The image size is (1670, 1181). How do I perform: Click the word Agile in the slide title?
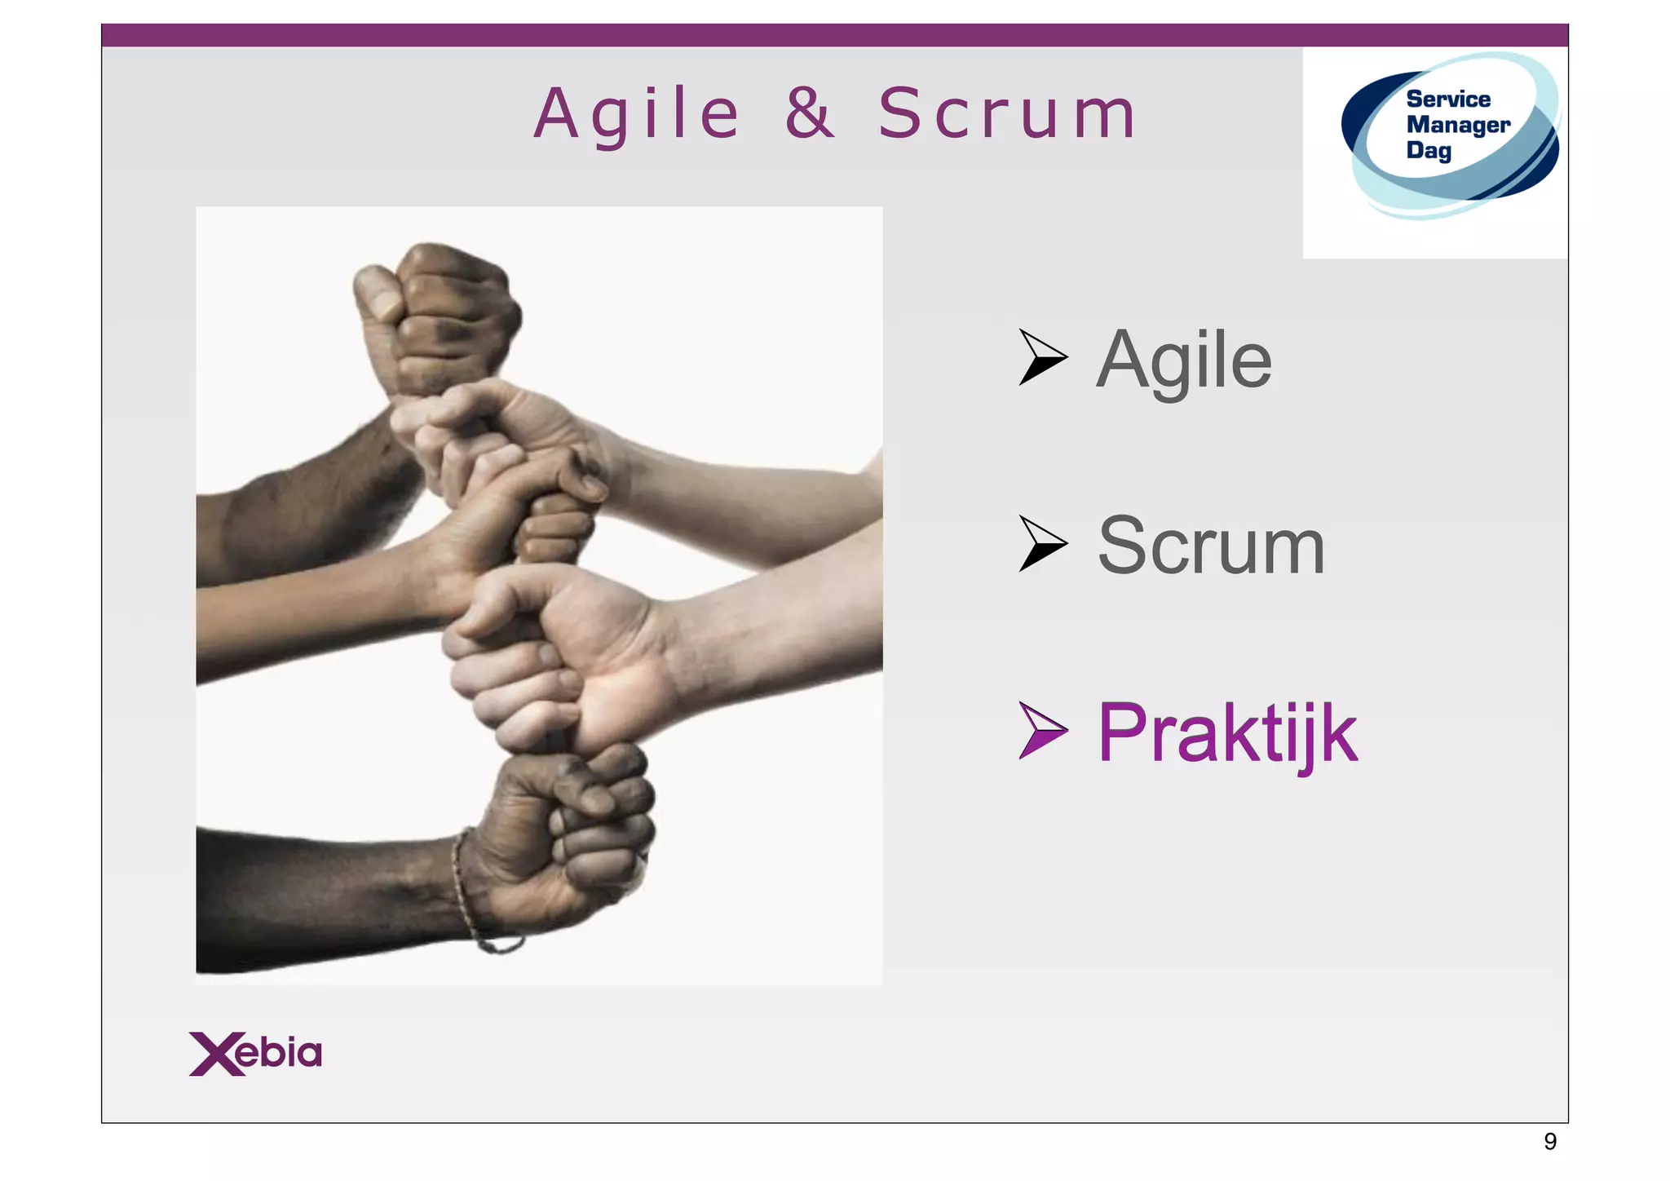(637, 115)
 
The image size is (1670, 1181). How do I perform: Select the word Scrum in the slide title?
(1007, 114)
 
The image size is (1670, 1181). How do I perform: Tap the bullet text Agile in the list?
(1183, 360)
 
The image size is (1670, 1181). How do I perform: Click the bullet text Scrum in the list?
(1211, 546)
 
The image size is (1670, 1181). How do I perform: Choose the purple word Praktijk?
(1227, 733)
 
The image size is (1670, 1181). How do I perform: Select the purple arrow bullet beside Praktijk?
(1041, 731)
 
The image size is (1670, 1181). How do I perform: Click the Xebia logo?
(255, 1053)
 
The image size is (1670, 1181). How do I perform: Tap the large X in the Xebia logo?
(215, 1054)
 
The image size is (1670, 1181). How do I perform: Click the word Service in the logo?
(1448, 100)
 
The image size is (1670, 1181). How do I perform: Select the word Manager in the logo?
(1458, 125)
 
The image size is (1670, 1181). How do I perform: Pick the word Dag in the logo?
(1429, 151)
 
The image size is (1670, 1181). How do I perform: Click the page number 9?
(1549, 1141)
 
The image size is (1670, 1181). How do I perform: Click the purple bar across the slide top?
(834, 35)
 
